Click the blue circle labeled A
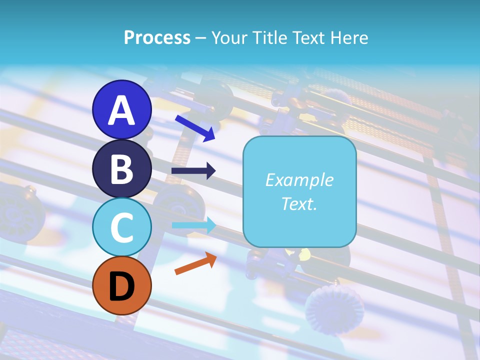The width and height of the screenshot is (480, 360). pyautogui.click(x=121, y=109)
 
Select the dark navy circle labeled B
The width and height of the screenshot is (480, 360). pyautogui.click(x=121, y=168)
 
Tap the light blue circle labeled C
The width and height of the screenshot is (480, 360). pyautogui.click(x=121, y=227)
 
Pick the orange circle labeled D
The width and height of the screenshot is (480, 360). pyautogui.click(x=121, y=286)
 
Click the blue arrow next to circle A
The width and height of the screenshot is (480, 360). pyautogui.click(x=195, y=127)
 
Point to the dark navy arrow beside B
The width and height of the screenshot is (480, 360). pyautogui.click(x=193, y=171)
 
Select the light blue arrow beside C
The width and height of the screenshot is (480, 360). pyautogui.click(x=193, y=225)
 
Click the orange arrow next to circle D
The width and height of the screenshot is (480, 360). pyautogui.click(x=195, y=263)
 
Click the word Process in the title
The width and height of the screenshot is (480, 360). pyautogui.click(x=157, y=37)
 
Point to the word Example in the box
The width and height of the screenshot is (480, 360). pyautogui.click(x=299, y=180)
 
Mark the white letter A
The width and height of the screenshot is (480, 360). pyautogui.click(x=121, y=110)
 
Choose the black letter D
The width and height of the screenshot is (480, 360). pyautogui.click(x=121, y=286)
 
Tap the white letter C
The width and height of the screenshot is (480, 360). pyautogui.click(x=121, y=228)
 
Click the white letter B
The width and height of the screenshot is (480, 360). pyautogui.click(x=121, y=169)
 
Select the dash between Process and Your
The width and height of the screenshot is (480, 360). pyautogui.click(x=200, y=38)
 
